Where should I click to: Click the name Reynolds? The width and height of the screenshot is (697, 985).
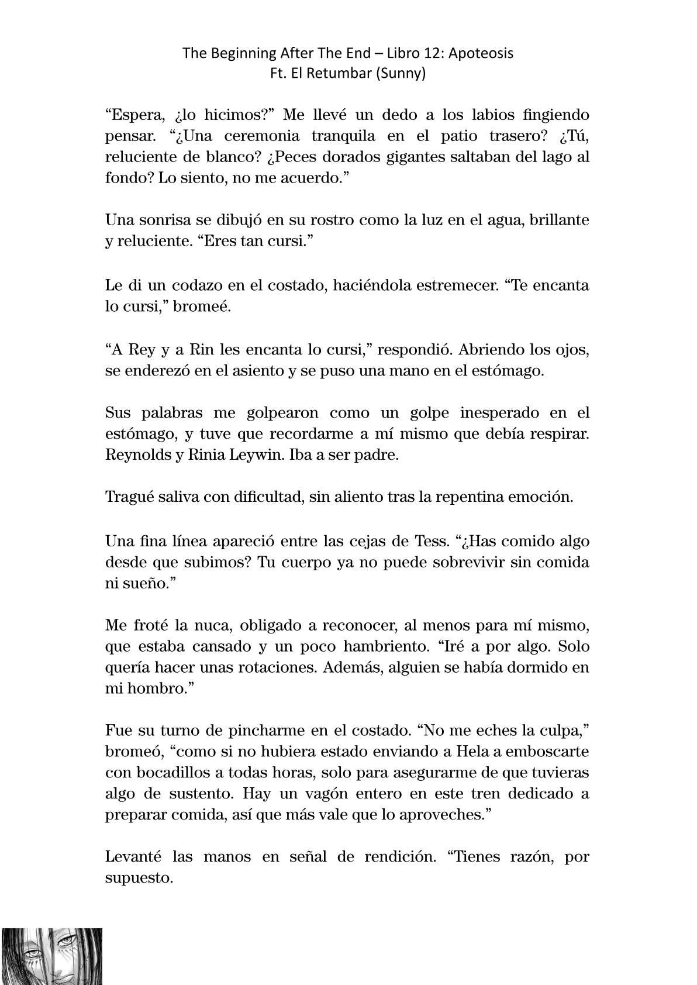136,455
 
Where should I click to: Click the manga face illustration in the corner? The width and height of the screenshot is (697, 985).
51,956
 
